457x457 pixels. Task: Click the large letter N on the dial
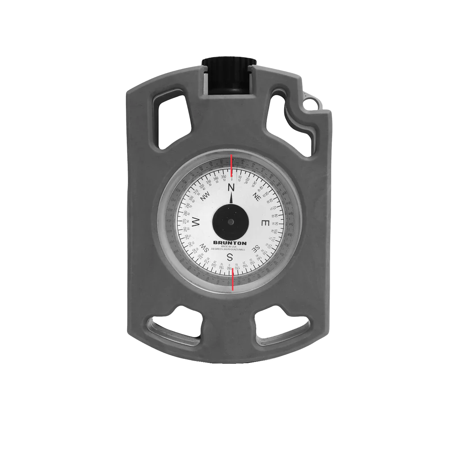pyautogui.click(x=231, y=187)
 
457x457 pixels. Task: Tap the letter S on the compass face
pyautogui.click(x=230, y=257)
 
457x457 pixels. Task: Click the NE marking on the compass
pyautogui.click(x=256, y=196)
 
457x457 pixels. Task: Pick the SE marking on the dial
pyautogui.click(x=256, y=248)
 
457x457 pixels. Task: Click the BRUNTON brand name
pyautogui.click(x=230, y=243)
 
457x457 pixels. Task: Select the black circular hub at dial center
pyautogui.click(x=230, y=222)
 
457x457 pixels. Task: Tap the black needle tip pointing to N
pyautogui.click(x=231, y=198)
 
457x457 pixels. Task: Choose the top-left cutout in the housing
pyautogui.click(x=171, y=119)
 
